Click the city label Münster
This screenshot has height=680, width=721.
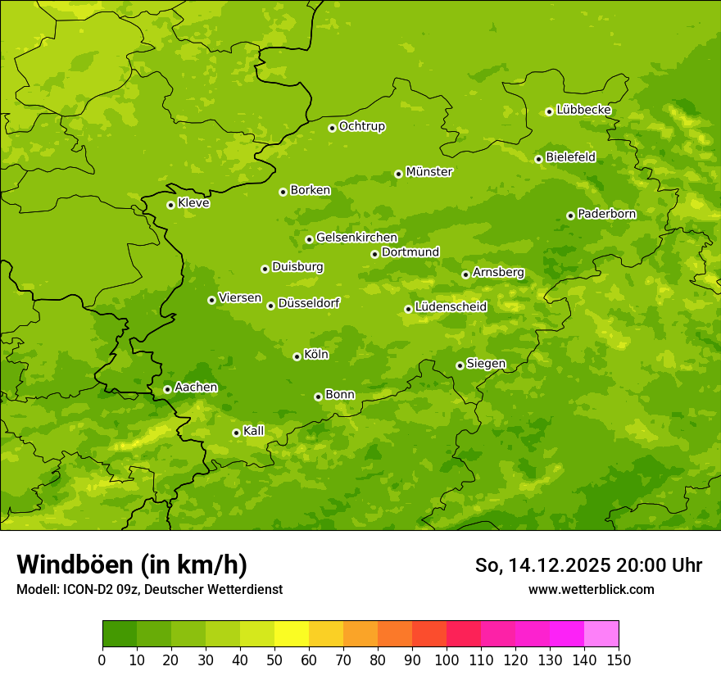point(429,172)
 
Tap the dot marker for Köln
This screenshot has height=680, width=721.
point(297,356)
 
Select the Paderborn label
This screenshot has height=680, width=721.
point(606,214)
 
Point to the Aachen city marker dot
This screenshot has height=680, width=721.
point(167,389)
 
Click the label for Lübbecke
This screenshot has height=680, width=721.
point(583,110)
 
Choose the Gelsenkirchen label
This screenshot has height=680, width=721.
point(356,238)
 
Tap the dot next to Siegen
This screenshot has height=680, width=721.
point(460,365)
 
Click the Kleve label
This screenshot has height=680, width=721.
point(193,203)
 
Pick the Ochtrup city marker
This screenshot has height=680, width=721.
point(332,128)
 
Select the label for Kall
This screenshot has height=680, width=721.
point(254,431)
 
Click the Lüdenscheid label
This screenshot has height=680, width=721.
point(451,307)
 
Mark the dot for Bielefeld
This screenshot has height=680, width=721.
point(538,159)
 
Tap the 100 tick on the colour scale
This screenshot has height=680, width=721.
point(447,660)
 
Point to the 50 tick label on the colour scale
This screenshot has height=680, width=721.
point(274,660)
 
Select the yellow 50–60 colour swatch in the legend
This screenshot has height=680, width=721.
point(292,634)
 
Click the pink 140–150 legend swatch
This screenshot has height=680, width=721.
point(601,634)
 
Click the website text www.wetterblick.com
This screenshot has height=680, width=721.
point(591,589)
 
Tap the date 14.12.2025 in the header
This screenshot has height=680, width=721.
point(559,565)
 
